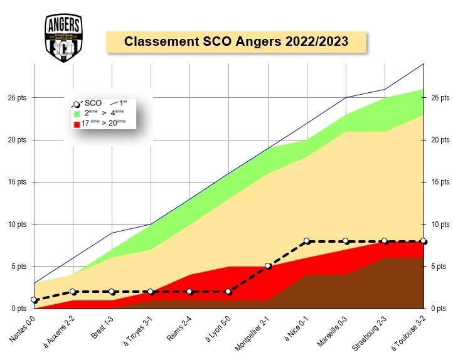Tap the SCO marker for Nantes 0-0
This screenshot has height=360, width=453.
coord(35,300)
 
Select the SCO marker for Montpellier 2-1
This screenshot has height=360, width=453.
coord(268,266)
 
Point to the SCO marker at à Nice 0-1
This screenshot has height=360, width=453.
coord(307,241)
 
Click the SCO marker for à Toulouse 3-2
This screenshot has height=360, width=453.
coord(424,241)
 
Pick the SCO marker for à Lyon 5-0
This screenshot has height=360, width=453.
coord(229,292)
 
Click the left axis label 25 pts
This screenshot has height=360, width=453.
coord(17,98)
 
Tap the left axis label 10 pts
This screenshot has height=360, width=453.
coord(17,224)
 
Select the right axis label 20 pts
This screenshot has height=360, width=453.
coord(440,140)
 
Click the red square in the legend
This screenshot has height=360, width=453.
coord(77,124)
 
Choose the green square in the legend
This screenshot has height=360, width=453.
coord(77,114)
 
